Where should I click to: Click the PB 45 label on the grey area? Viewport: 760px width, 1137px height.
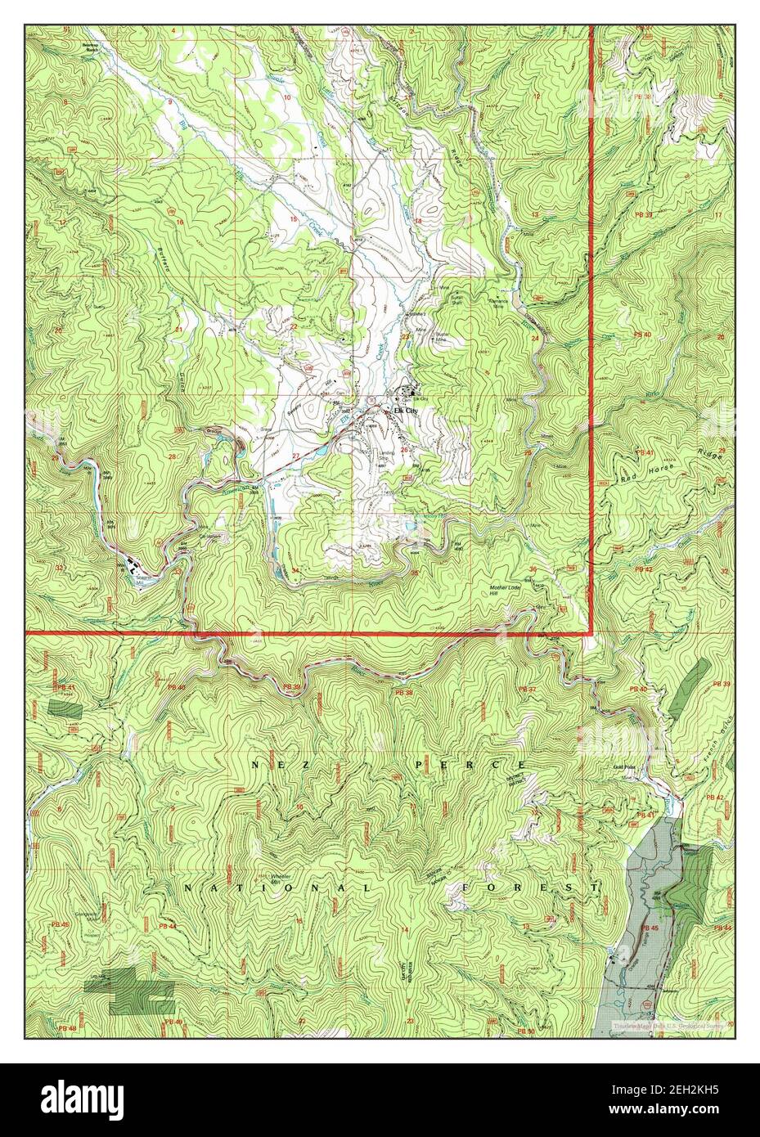coord(650,928)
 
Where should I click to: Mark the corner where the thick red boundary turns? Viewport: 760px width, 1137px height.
coord(591,632)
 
